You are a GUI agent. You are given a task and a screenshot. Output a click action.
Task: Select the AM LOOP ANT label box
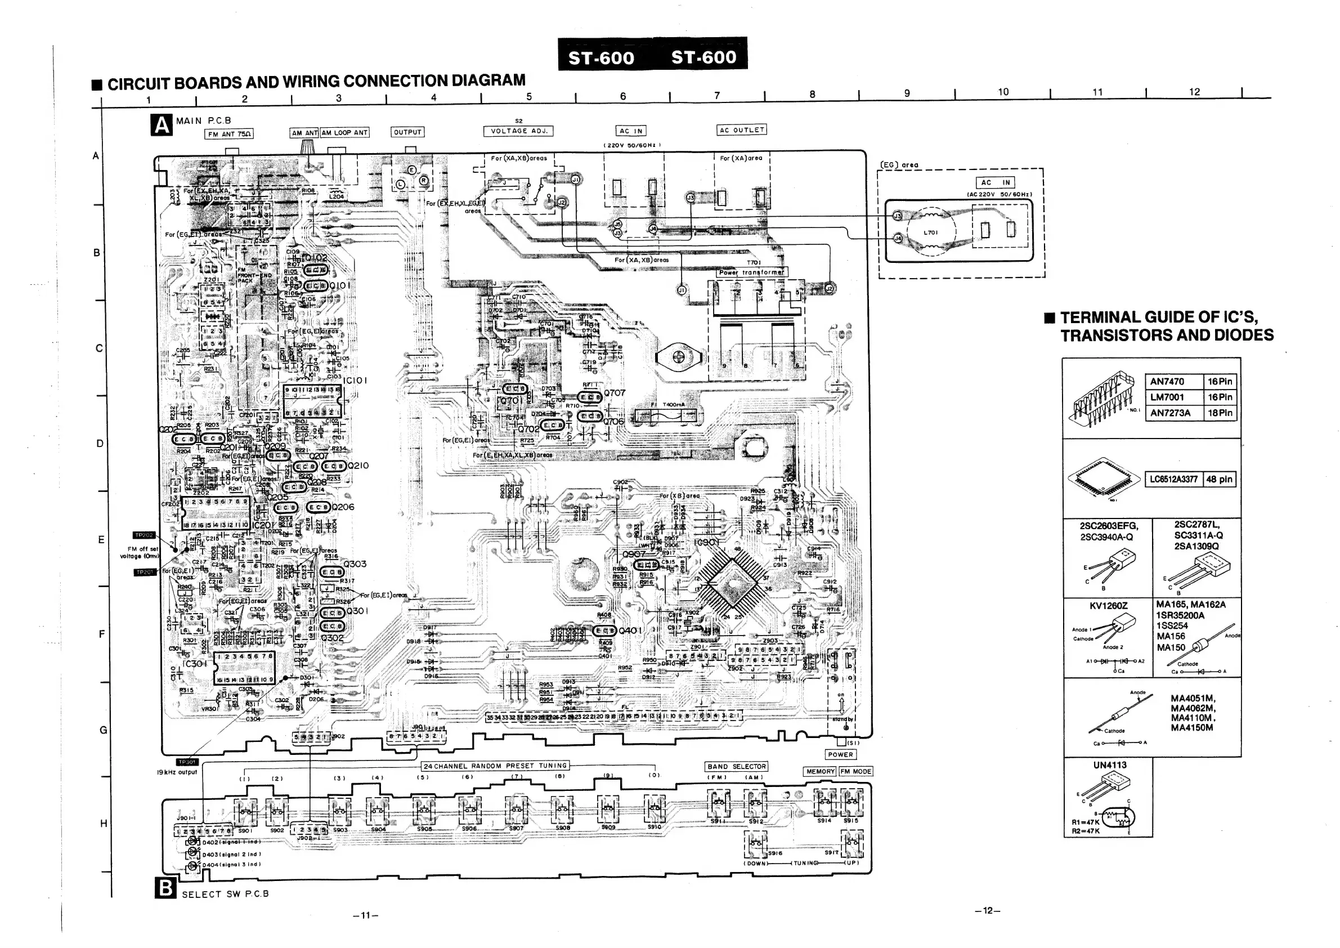pyautogui.click(x=344, y=132)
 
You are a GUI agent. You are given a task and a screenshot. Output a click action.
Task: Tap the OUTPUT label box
pyautogui.click(x=407, y=132)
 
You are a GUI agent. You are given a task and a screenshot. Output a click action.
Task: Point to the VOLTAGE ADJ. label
pyautogui.click(x=518, y=131)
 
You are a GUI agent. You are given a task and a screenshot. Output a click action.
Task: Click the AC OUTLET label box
pyautogui.click(x=741, y=129)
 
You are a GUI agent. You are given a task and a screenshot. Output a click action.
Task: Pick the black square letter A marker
pyautogui.click(x=162, y=124)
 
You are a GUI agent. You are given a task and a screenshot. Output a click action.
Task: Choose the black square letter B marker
pyautogui.click(x=165, y=888)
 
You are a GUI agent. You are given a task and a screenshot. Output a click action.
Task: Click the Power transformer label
pyautogui.click(x=752, y=272)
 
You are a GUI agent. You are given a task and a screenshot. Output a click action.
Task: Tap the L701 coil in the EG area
pyautogui.click(x=930, y=232)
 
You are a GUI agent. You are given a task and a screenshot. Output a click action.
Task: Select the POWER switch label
pyautogui.click(x=840, y=754)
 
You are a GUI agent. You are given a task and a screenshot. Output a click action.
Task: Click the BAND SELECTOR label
pyautogui.click(x=737, y=767)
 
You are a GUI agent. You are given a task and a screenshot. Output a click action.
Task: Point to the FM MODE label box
pyautogui.click(x=855, y=771)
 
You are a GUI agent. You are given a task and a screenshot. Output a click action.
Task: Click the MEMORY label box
pyautogui.click(x=820, y=771)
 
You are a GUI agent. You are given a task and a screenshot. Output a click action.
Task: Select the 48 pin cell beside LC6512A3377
pyautogui.click(x=1219, y=479)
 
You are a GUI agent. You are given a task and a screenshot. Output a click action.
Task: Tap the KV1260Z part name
pyautogui.click(x=1108, y=606)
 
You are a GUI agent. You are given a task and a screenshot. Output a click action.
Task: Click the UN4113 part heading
pyautogui.click(x=1109, y=764)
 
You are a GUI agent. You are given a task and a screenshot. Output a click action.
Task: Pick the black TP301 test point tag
pyautogui.click(x=187, y=762)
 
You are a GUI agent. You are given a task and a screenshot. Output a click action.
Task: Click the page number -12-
pyautogui.click(x=987, y=911)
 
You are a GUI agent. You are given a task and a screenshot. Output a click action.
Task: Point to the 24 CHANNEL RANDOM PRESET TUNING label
pyautogui.click(x=495, y=765)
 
